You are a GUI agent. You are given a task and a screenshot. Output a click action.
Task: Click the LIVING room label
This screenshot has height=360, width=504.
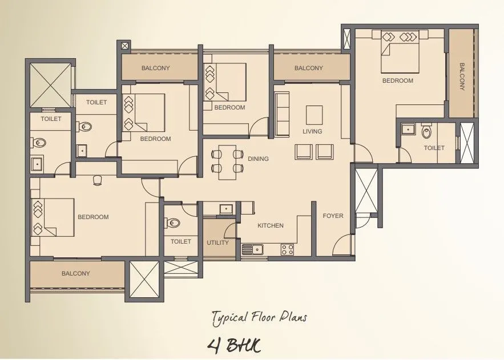click(x=312, y=131)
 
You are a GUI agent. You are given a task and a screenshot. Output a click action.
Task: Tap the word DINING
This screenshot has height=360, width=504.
click(x=258, y=159)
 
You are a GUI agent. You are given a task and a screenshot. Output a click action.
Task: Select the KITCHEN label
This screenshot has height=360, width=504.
click(x=270, y=225)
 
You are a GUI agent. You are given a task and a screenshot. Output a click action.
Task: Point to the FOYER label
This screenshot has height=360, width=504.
click(x=333, y=216)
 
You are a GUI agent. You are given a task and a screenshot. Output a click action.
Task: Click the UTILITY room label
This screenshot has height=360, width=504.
click(x=217, y=242)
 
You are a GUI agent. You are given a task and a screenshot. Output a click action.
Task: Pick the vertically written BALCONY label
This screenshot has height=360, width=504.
click(x=461, y=76)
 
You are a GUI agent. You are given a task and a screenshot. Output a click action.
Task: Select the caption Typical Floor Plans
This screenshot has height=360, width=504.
click(x=259, y=317)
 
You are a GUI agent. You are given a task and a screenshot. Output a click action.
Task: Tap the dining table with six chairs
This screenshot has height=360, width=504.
click(x=227, y=160)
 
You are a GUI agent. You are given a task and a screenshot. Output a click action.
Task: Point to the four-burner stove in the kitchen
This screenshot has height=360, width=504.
click(x=287, y=249)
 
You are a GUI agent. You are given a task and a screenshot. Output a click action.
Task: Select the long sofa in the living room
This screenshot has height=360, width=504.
click(x=281, y=114)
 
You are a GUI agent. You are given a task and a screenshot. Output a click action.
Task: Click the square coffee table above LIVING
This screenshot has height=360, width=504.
click(x=314, y=115)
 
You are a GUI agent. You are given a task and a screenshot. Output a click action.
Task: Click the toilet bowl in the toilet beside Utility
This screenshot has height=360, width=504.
click(x=174, y=222)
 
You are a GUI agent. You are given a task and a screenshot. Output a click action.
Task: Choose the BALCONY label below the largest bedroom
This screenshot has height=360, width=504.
click(x=76, y=273)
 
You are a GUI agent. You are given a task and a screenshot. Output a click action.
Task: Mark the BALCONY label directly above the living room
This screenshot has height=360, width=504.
click(x=308, y=68)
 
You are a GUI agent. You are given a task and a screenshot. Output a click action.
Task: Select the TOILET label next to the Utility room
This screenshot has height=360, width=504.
click(x=181, y=241)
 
